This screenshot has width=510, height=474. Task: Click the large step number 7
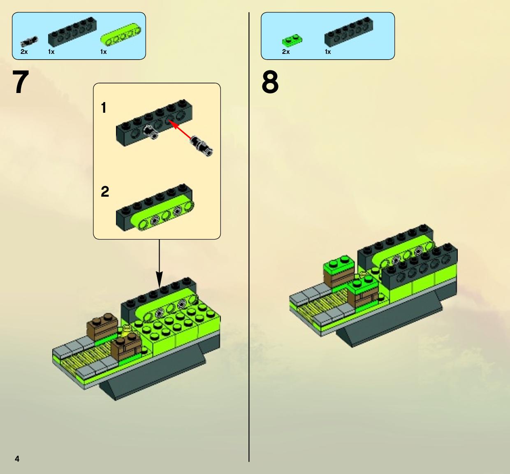[21, 82]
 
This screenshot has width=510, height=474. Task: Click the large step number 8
[270, 82]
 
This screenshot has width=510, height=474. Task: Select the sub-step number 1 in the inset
[104, 108]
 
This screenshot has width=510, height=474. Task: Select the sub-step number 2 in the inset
[105, 192]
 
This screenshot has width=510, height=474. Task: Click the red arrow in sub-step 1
[180, 130]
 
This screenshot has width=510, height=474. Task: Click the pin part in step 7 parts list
[29, 42]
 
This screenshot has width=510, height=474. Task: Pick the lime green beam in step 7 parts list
[121, 35]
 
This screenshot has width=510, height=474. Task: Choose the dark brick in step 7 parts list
[72, 32]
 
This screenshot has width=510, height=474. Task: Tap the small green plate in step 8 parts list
[292, 40]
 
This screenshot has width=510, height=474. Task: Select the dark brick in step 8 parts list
[349, 32]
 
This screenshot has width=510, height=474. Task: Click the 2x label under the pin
[24, 52]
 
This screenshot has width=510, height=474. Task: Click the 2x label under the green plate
[286, 52]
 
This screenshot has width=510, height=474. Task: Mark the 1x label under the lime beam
[103, 52]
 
